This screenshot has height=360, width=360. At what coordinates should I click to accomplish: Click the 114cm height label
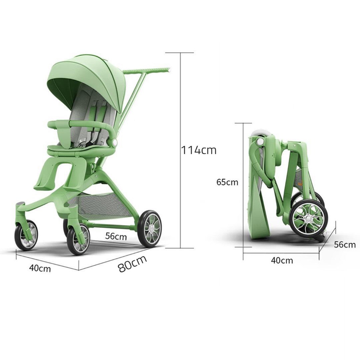(199, 150)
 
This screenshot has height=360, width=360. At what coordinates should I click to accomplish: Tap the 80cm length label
(132, 264)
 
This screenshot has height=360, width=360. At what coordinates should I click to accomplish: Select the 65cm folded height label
(227, 182)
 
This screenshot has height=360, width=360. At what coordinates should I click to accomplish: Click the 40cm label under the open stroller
(40, 268)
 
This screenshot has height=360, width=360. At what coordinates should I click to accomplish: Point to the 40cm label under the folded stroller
(282, 260)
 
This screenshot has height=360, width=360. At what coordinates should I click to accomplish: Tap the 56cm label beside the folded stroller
(345, 245)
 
